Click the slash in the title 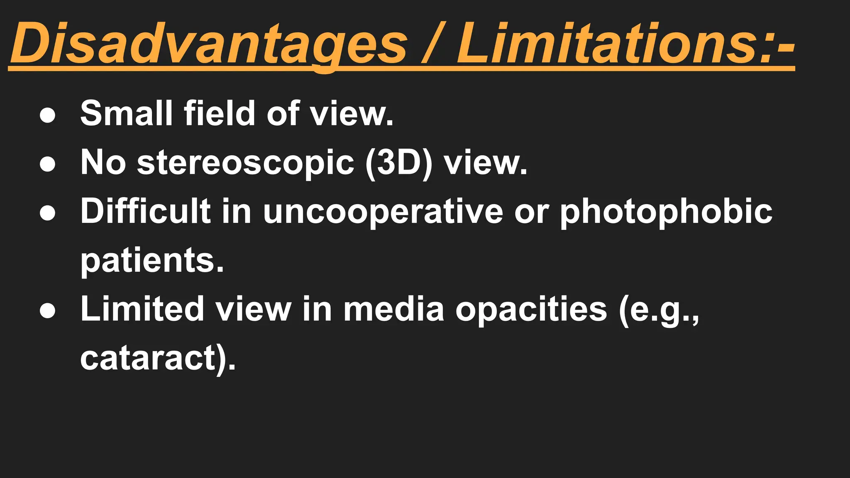432,44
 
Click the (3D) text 398,163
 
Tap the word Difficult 145,211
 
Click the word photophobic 666,211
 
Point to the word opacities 531,309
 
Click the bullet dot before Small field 47,116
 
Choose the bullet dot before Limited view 47,312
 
